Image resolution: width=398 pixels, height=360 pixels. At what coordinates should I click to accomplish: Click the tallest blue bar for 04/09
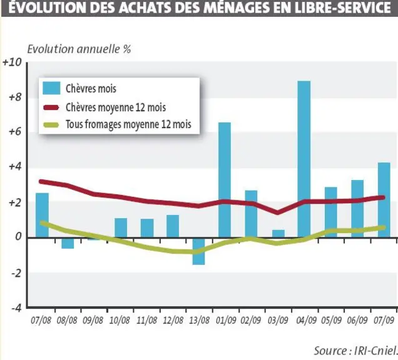[304, 159]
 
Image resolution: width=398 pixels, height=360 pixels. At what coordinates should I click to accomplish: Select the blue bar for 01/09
[225, 180]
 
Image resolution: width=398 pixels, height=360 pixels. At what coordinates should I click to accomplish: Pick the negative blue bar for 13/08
[198, 251]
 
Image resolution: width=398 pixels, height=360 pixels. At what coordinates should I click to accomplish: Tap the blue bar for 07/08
[42, 215]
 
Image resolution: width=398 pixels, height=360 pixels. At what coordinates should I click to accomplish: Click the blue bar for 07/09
[384, 200]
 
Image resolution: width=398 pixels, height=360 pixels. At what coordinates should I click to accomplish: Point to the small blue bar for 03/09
[278, 234]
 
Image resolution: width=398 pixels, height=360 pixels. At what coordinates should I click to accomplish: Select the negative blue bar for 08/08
[68, 243]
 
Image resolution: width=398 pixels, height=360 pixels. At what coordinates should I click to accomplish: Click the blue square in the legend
[51, 88]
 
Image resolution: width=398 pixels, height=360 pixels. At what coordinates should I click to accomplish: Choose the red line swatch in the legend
[51, 107]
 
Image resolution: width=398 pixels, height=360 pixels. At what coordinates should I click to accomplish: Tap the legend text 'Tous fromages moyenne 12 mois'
[128, 124]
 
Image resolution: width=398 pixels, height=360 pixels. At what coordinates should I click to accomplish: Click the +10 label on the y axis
[12, 62]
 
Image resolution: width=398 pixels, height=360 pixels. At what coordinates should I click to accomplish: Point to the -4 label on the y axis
[16, 308]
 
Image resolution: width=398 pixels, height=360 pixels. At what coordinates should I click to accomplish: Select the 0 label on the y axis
[18, 236]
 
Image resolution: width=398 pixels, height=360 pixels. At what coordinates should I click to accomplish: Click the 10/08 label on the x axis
[120, 321]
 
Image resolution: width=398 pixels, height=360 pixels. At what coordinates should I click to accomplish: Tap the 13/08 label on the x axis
[200, 321]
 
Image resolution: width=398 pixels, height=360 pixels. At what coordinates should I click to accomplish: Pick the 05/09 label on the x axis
[332, 321]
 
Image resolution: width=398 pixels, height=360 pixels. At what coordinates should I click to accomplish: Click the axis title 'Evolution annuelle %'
[79, 49]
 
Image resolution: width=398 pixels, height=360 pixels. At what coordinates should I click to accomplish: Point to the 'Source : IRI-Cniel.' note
[355, 351]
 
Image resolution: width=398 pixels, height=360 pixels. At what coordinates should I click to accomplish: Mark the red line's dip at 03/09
[278, 212]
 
